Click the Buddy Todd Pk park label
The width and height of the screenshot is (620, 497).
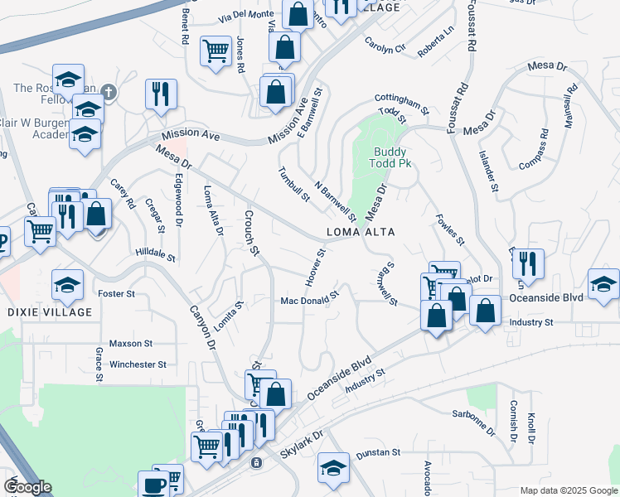[x=393, y=157]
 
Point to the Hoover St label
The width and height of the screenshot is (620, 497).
[x=314, y=268]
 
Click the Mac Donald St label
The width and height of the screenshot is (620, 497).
[x=310, y=298]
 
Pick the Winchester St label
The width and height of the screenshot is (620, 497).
[x=138, y=364]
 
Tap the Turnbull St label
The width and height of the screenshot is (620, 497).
[x=293, y=184]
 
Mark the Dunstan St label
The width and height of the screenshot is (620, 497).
[x=378, y=454]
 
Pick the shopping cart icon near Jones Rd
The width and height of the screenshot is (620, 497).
[x=216, y=51]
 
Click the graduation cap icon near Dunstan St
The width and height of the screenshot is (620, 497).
[x=333, y=468]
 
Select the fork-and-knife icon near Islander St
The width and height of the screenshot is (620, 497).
[x=527, y=264]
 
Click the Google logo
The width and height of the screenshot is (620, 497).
[x=27, y=487]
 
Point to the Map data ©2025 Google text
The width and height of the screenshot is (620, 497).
[x=569, y=490]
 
